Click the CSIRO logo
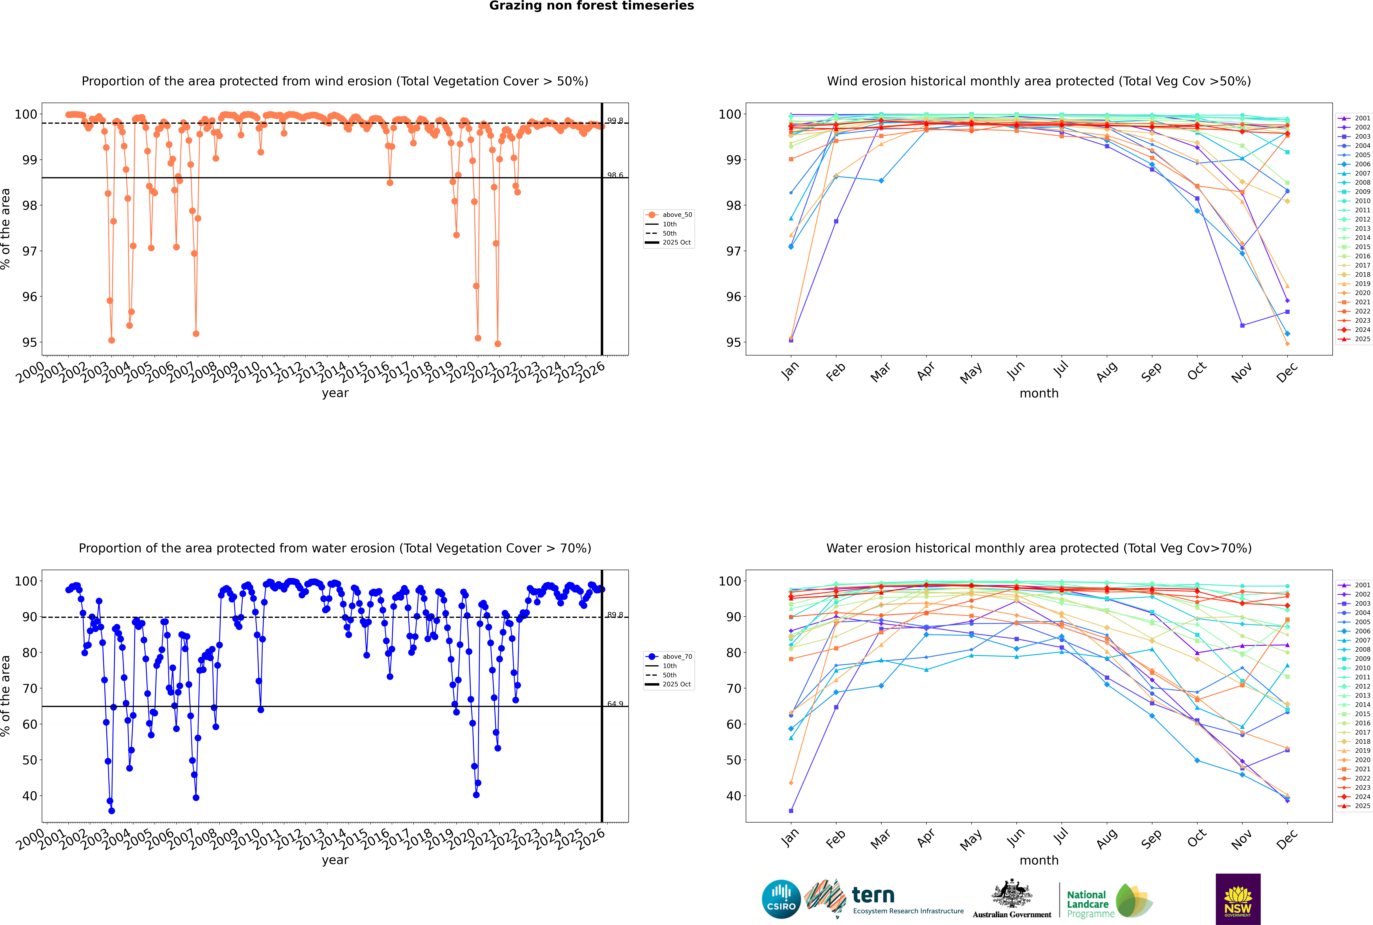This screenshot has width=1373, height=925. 781,899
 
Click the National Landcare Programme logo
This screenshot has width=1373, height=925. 1109,901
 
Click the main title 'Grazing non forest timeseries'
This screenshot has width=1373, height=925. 592,6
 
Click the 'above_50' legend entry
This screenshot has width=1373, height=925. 676,215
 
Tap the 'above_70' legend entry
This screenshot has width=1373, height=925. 676,657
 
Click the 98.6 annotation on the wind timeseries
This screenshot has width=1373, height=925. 615,175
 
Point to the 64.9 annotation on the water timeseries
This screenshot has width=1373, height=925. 615,704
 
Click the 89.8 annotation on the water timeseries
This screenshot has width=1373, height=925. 615,615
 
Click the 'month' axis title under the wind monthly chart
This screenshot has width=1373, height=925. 1039,394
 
